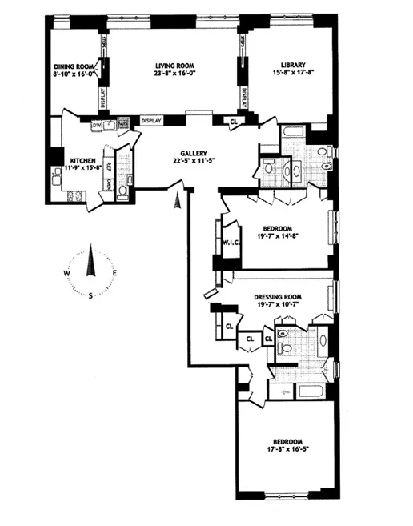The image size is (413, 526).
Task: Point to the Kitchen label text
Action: tap(83, 161)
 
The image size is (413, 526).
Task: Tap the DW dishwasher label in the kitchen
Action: tap(96, 126)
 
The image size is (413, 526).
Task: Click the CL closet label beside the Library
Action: tap(233, 122)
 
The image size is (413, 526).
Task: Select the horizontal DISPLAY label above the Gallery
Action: tap(151, 121)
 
